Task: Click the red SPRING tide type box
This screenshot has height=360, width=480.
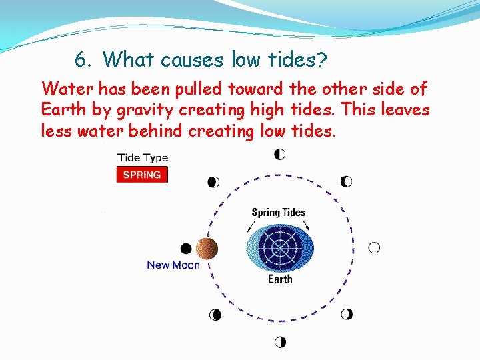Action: click(142, 175)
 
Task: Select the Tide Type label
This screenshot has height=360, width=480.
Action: click(143, 158)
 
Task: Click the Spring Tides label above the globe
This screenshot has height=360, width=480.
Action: click(279, 213)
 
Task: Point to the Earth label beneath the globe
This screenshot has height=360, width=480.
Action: click(280, 279)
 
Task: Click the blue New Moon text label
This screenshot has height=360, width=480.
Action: click(173, 265)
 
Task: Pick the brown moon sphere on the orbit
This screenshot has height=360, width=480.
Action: click(207, 249)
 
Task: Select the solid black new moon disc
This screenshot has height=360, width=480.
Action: click(186, 249)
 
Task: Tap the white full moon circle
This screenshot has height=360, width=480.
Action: click(374, 248)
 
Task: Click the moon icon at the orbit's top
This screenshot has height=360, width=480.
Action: click(280, 154)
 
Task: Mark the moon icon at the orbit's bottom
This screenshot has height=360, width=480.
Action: click(280, 343)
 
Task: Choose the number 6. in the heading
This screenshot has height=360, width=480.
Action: click(83, 60)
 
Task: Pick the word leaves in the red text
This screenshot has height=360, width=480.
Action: click(405, 109)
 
